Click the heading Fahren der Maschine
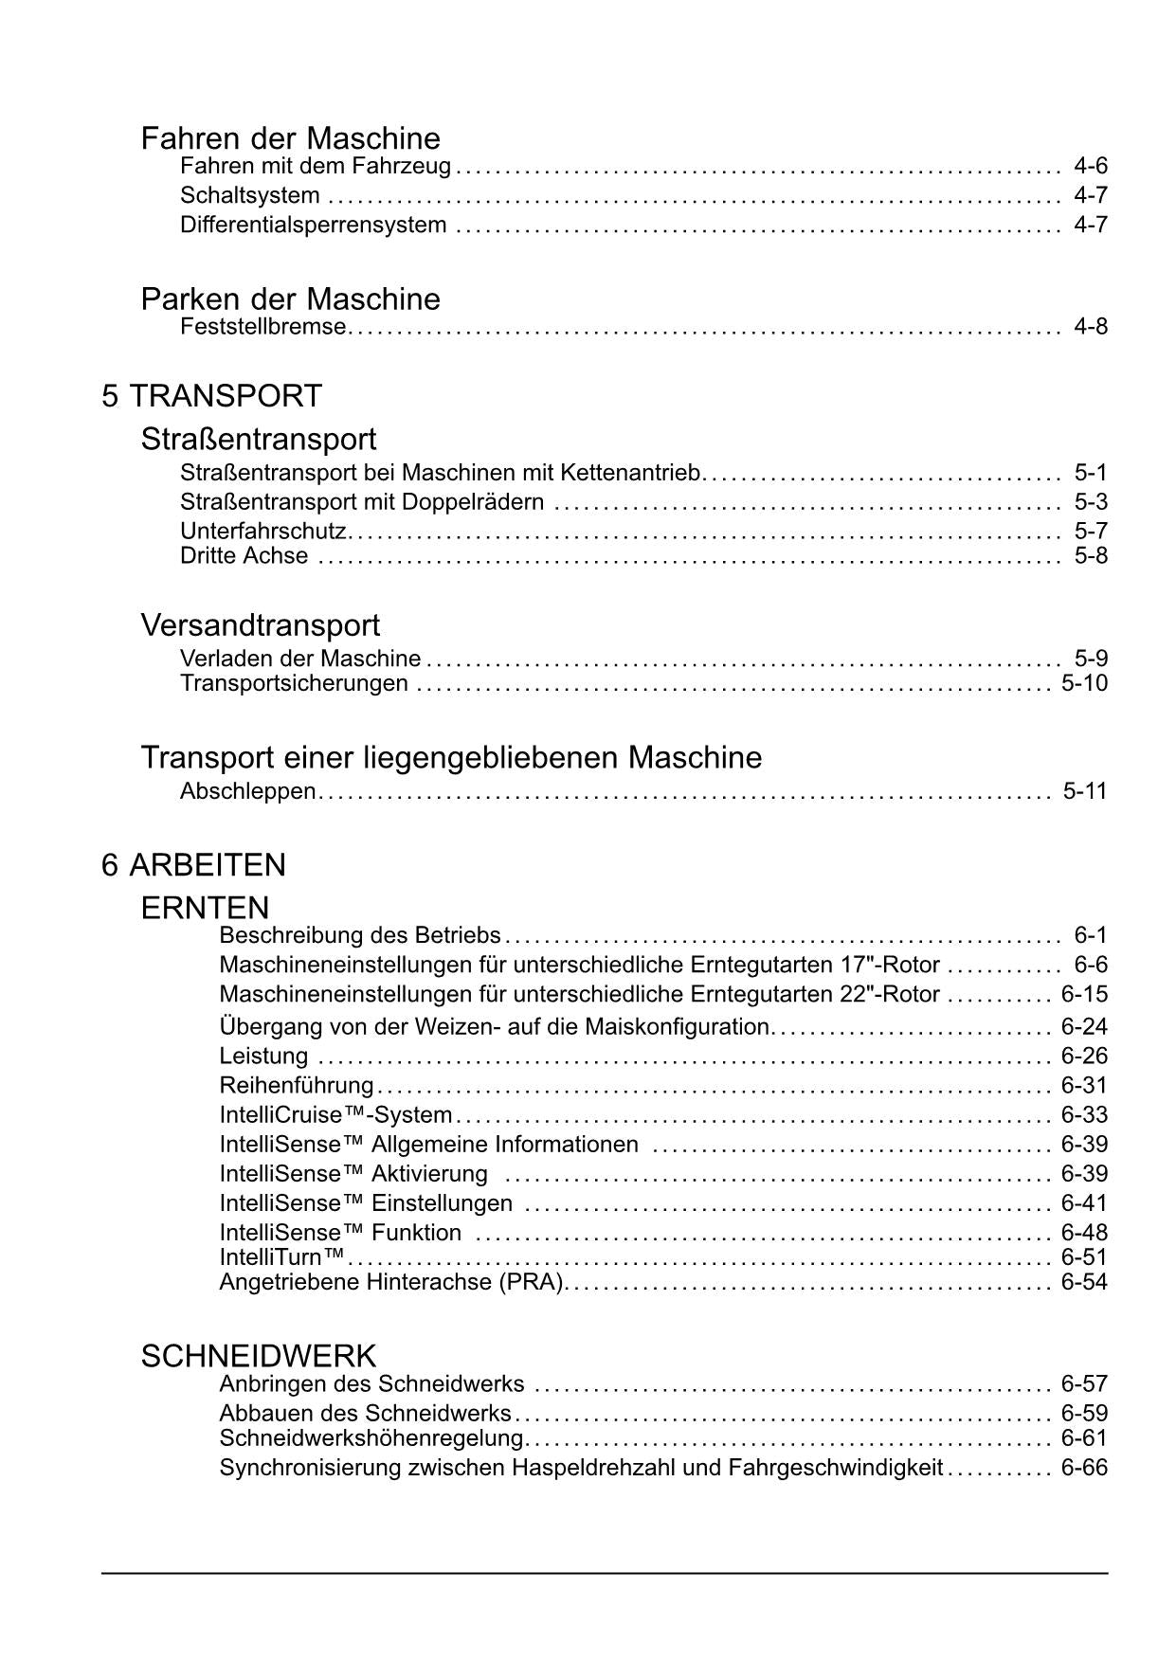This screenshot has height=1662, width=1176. (x=290, y=138)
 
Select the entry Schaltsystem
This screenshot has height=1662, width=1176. (x=249, y=196)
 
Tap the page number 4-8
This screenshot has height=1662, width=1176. (x=1090, y=327)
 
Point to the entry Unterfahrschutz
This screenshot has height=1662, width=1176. (x=263, y=531)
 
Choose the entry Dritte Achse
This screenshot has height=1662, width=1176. (x=244, y=555)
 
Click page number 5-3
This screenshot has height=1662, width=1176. (x=1090, y=501)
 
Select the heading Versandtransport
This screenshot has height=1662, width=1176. (x=260, y=625)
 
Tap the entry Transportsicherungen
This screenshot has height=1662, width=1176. (x=294, y=683)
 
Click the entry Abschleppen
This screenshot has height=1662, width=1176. (x=247, y=791)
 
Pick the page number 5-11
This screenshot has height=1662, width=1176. (x=1084, y=791)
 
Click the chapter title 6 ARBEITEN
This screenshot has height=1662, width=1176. (x=193, y=865)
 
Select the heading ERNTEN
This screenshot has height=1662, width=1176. (x=205, y=908)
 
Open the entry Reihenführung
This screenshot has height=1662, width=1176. (x=297, y=1085)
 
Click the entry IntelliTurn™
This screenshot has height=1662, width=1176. (x=282, y=1257)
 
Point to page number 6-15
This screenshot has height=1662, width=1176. (x=1084, y=995)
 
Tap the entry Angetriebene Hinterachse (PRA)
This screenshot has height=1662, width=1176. (x=392, y=1282)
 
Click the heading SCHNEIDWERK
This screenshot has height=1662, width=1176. (x=258, y=1356)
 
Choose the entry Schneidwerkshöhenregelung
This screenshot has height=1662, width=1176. (x=371, y=1438)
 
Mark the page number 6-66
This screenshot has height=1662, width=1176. (x=1084, y=1468)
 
